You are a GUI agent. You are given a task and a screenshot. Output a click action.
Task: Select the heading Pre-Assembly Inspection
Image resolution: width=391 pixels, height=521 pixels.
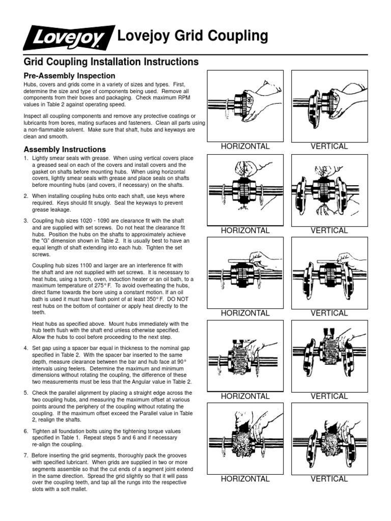[x=66, y=76]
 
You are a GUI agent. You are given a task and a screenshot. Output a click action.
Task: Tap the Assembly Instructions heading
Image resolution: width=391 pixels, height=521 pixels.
[x=65, y=150]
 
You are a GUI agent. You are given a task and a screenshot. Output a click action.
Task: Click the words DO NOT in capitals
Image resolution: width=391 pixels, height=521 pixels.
[x=180, y=299]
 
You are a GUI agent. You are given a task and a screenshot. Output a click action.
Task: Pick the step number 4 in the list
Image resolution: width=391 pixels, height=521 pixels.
[x=26, y=348]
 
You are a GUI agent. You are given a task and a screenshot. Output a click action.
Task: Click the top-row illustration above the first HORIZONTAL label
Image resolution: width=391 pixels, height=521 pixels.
[x=245, y=105]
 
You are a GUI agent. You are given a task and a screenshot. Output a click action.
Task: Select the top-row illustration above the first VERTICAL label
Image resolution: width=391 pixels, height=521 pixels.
[x=329, y=105]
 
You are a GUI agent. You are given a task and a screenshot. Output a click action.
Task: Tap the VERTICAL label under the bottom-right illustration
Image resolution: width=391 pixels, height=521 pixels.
[x=329, y=479]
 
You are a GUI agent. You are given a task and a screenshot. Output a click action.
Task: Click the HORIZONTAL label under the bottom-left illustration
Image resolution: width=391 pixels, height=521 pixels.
[x=245, y=479]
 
